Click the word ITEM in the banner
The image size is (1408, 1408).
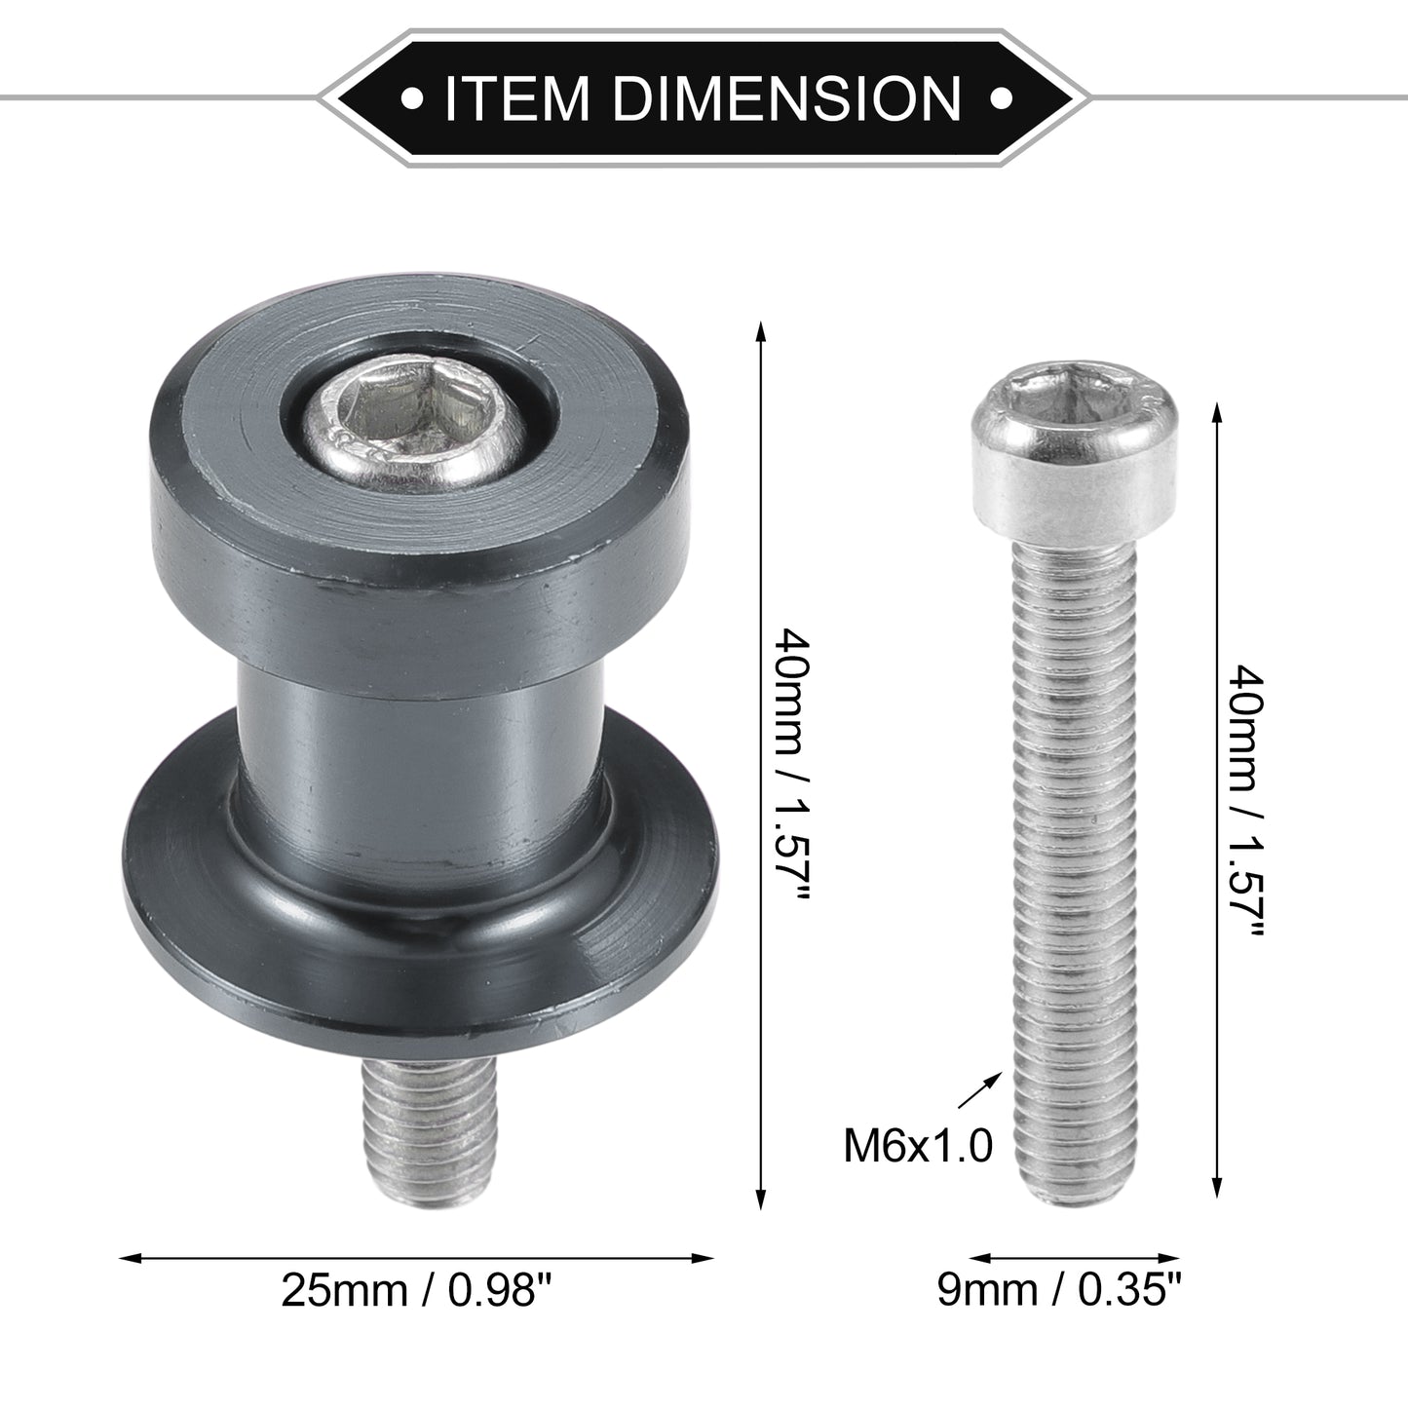[x=515, y=97]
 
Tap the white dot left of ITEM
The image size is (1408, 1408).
[x=412, y=97]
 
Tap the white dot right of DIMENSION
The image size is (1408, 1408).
[x=1000, y=97]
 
